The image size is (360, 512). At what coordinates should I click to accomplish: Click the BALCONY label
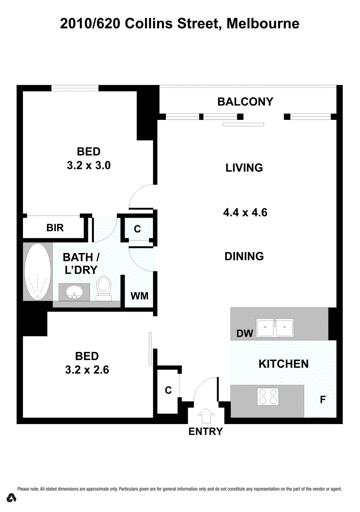coord(245,102)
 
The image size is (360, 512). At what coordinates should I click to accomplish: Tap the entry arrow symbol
coord(206,415)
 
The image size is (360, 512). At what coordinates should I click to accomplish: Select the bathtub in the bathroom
coord(38,271)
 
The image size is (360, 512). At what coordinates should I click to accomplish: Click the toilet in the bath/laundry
coord(104,288)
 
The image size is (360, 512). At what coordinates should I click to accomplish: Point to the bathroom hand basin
coord(74,292)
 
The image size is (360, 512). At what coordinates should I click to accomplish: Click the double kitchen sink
coord(275,328)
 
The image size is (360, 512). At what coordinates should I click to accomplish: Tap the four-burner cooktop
coord(268,396)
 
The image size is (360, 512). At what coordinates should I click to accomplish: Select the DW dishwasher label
coord(245,334)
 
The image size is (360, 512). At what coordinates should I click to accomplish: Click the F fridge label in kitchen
coord(322,399)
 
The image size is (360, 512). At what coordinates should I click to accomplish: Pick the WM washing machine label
coord(139,296)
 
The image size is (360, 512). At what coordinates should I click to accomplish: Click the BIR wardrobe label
coord(55,228)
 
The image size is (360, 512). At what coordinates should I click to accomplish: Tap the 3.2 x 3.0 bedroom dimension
coord(89,165)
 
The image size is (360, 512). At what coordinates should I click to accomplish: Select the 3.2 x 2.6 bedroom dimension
coord(87,370)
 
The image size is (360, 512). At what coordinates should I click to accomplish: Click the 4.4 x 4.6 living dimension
coord(245,212)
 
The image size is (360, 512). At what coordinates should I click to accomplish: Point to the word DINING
coord(244,256)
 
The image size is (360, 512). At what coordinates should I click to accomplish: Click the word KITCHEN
coord(283,364)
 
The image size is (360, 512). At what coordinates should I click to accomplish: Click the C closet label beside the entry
coord(168,390)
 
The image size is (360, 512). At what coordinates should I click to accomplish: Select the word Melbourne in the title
coord(263,24)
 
